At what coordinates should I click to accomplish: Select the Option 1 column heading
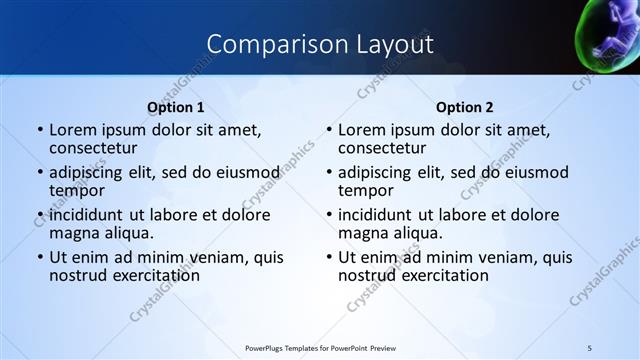click(176, 106)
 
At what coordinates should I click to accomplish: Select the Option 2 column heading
click(465, 106)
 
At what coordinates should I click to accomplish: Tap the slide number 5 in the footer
click(590, 346)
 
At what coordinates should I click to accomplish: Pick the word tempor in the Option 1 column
click(76, 191)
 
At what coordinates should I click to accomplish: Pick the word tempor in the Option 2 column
click(365, 191)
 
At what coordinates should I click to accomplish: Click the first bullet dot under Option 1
click(40, 131)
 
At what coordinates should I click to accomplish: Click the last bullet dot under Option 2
click(329, 257)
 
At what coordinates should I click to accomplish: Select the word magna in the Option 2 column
click(361, 233)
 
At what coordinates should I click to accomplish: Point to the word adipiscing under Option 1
click(90, 173)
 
